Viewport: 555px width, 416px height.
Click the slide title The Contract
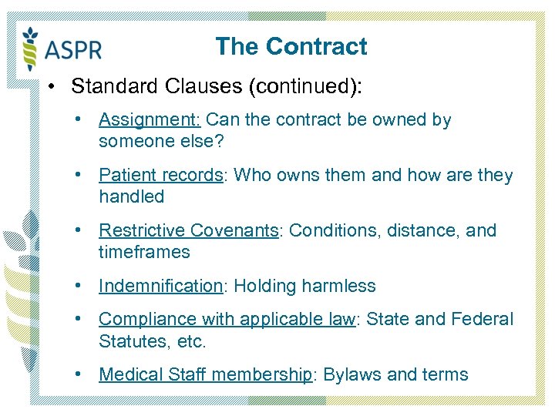click(x=291, y=46)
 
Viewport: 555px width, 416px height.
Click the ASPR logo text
click(x=73, y=50)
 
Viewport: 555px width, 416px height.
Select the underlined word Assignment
click(x=150, y=120)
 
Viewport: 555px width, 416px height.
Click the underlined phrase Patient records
click(x=160, y=176)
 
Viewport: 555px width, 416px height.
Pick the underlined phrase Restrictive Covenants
click(x=189, y=231)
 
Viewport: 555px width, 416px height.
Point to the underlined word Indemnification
click(x=160, y=287)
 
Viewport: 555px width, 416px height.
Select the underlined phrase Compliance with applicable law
click(x=227, y=320)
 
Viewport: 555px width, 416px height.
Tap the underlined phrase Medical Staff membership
click(x=206, y=375)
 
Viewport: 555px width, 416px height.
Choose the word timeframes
click(x=144, y=253)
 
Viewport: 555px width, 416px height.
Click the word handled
click(x=132, y=197)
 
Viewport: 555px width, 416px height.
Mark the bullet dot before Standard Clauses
click(x=50, y=86)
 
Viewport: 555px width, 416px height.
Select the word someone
click(x=131, y=142)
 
